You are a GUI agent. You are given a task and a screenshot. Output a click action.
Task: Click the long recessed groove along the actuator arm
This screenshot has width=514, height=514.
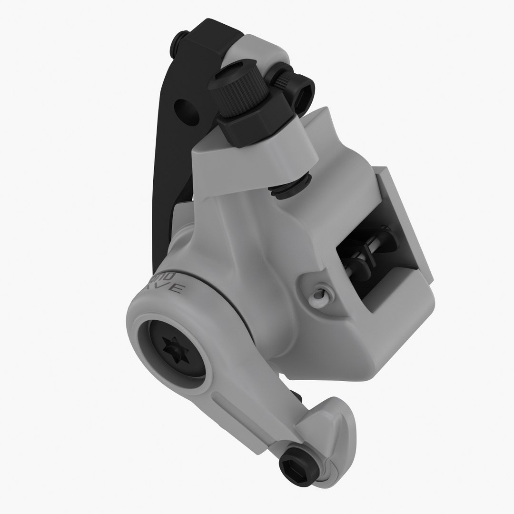247,409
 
